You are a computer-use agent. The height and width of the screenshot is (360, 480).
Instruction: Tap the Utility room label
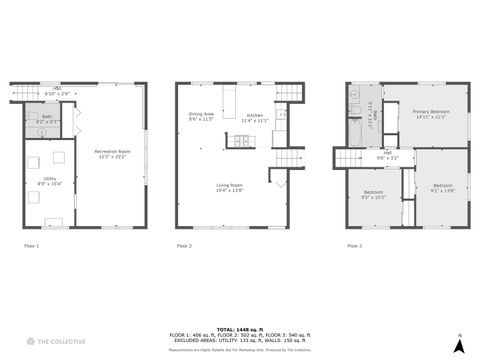(50, 182)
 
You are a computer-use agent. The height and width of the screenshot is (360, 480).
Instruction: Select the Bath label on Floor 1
(47, 118)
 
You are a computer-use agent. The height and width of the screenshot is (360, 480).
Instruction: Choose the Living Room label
(230, 187)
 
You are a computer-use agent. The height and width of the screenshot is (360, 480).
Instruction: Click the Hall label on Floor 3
(387, 156)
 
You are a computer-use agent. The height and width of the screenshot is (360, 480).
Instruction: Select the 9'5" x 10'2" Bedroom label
(374, 193)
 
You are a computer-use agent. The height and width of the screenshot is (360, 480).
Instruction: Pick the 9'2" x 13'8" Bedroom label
(443, 188)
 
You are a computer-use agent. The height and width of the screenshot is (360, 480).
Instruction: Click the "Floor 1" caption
(31, 245)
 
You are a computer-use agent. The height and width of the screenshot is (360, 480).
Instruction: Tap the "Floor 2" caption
(184, 245)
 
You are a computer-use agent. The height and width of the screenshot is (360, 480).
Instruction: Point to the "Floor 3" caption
(356, 245)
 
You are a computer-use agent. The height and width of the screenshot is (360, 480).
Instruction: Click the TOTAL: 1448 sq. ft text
(239, 328)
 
